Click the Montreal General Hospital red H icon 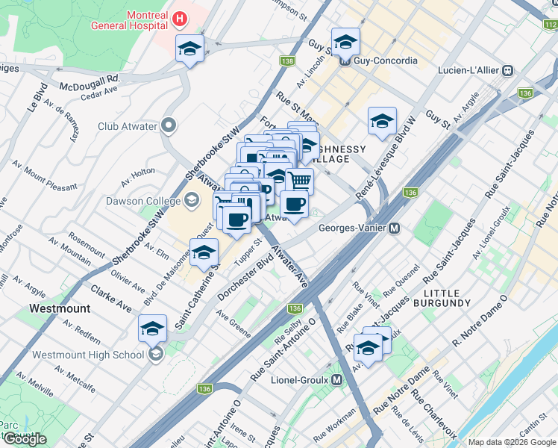180,18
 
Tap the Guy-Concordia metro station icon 345,61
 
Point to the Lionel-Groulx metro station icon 337,379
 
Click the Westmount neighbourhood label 60,308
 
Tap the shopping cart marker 299,180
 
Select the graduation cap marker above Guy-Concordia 346,41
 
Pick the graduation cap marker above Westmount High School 152,329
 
